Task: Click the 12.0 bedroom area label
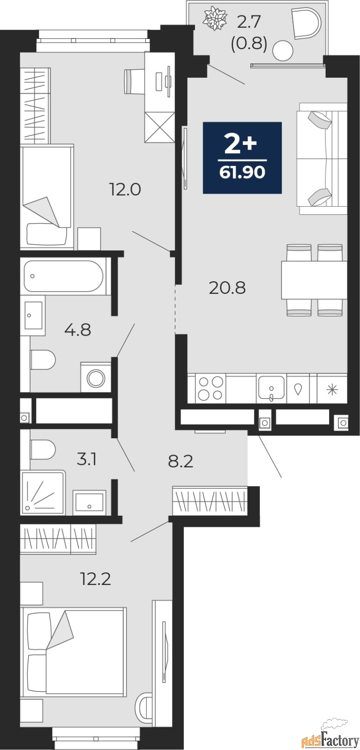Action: pos(125,190)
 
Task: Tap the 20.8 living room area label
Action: pos(227,287)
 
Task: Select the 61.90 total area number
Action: pos(242,172)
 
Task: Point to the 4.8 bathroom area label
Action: pos(77,330)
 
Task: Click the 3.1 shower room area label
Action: pos(87,459)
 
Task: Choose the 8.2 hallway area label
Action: pos(180,461)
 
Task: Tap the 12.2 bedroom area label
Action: pos(96,579)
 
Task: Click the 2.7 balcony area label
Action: pos(248,22)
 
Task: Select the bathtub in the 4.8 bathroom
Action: pos(64,276)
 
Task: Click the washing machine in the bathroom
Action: pos(96,377)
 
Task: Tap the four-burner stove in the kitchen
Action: pos(210,388)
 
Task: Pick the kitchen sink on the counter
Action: pos(271,388)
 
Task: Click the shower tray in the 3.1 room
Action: pos(43,493)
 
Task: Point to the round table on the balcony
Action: pos(283,50)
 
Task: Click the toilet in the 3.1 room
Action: pos(42,450)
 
